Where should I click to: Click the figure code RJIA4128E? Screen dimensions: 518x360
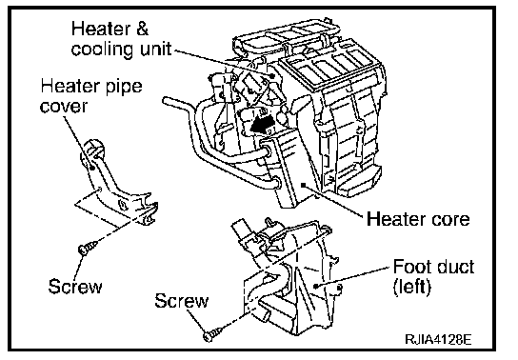pos(438,339)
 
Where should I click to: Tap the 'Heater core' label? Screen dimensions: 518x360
pos(418,219)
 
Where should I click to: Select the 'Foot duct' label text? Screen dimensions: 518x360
pos(434,267)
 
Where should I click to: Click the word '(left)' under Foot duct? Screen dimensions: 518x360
pos(412,287)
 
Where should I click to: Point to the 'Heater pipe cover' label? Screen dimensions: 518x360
pos(91,96)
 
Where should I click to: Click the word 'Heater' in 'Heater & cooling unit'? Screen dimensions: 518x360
pos(101,29)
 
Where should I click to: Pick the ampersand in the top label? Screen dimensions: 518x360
pos(142,29)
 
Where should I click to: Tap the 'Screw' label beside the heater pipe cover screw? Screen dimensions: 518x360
pos(75,286)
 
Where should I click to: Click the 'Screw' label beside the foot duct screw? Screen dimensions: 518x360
pos(182,301)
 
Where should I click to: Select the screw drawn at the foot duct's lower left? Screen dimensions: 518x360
pos(213,334)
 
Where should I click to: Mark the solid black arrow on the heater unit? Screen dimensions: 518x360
pos(262,126)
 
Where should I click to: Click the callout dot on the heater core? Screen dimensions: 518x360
pos(303,185)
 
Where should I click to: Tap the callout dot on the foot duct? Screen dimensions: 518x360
pos(316,286)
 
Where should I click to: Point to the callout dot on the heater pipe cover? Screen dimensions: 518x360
pos(92,168)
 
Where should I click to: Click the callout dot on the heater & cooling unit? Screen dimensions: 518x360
pos(272,76)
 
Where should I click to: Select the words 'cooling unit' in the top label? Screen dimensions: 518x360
pos(121,50)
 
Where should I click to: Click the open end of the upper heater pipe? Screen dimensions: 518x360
pos(165,101)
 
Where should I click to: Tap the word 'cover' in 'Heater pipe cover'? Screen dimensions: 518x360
pos(64,107)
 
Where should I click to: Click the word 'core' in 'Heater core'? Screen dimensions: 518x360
pos(450,220)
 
